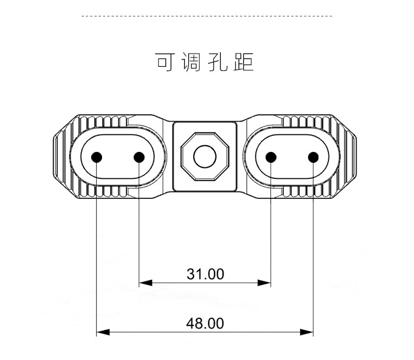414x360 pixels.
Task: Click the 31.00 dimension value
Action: point(205,274)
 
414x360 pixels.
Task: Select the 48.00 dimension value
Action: point(205,323)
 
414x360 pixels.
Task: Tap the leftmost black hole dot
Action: point(97,157)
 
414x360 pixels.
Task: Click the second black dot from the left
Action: point(139,157)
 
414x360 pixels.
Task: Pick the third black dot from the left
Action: point(271,157)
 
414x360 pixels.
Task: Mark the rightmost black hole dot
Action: point(313,157)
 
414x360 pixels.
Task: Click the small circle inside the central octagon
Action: point(204,157)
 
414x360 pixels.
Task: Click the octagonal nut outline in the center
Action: point(187,157)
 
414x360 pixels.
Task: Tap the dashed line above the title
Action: point(207,17)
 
